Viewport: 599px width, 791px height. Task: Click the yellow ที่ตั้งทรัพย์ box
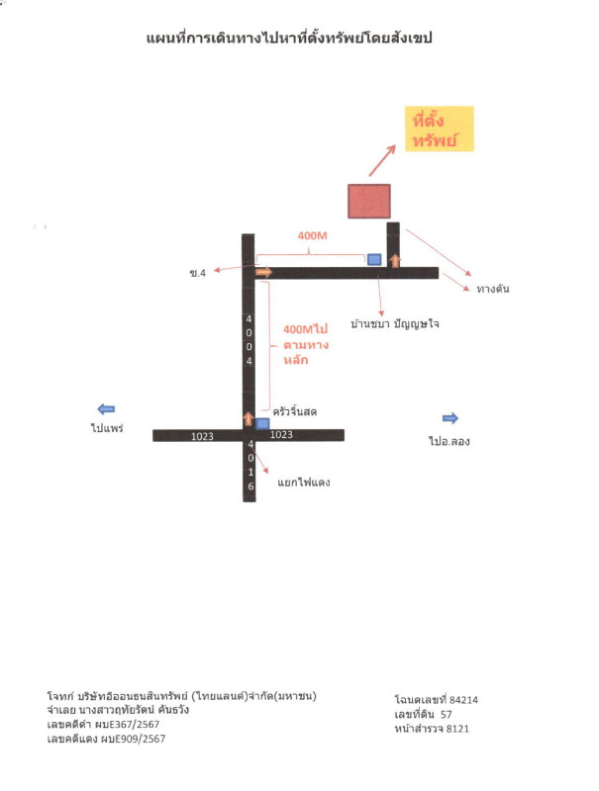[x=439, y=129]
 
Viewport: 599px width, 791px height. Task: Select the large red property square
[x=368, y=201]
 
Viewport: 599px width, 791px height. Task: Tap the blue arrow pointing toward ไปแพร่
[x=106, y=409]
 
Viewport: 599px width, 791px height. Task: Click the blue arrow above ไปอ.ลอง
[x=450, y=417]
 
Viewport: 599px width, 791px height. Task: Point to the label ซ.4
[x=197, y=273]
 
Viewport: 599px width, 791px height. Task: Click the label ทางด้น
[x=493, y=289]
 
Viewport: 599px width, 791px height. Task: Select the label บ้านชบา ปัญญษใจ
[x=394, y=323]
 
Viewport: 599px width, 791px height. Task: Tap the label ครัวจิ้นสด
[x=294, y=411]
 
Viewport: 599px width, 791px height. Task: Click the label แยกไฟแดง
[x=304, y=483]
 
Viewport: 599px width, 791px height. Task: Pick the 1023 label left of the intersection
[x=202, y=436]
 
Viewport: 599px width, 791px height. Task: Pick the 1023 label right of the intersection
[x=281, y=434]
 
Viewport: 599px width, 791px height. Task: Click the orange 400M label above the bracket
[x=312, y=235]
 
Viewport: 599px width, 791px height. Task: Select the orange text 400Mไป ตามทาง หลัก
[x=306, y=344]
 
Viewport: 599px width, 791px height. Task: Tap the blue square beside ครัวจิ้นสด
[x=262, y=424]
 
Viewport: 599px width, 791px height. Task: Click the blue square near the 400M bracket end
[x=373, y=259]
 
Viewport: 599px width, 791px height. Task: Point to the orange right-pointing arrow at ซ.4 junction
[x=264, y=273]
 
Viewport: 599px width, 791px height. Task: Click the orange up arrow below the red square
[x=395, y=261]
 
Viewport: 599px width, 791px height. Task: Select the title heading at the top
[x=289, y=38]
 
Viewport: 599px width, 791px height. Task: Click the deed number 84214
[x=463, y=700]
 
